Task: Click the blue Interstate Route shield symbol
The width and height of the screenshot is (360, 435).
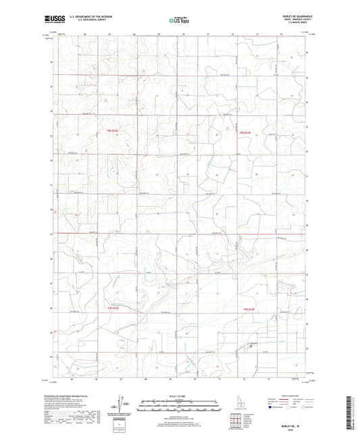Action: coord(272,407)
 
